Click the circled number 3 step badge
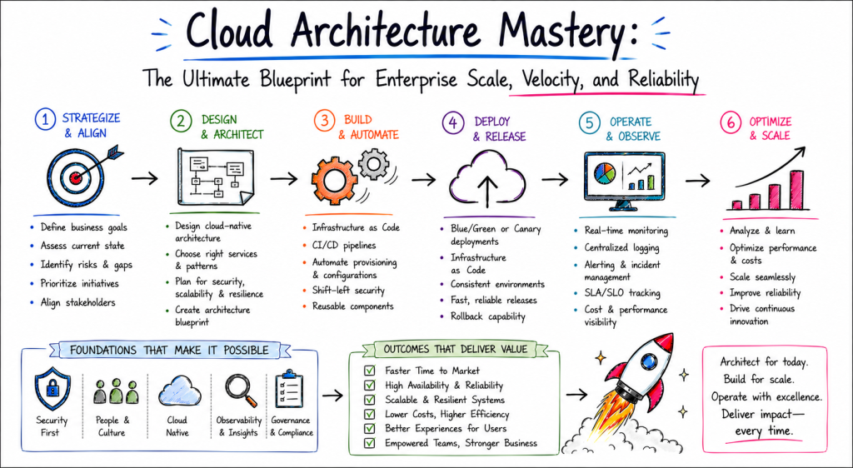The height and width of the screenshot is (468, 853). click(x=325, y=120)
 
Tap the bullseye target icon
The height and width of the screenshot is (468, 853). click(x=76, y=176)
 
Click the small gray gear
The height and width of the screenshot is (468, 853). click(x=373, y=163)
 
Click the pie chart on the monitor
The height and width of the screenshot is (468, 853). click(x=605, y=173)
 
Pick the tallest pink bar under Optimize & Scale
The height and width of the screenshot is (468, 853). click(x=796, y=190)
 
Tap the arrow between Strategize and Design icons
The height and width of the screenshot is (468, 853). click(x=145, y=177)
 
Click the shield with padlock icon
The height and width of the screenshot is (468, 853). click(x=52, y=387)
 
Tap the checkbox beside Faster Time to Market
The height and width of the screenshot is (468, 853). click(x=370, y=371)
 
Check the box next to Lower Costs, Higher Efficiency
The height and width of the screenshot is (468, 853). click(x=370, y=414)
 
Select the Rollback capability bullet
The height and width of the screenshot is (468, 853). click(x=488, y=316)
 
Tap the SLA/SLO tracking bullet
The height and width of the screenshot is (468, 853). click(x=622, y=293)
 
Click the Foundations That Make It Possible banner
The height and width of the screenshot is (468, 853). click(x=169, y=350)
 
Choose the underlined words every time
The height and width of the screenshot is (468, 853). click(x=764, y=431)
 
